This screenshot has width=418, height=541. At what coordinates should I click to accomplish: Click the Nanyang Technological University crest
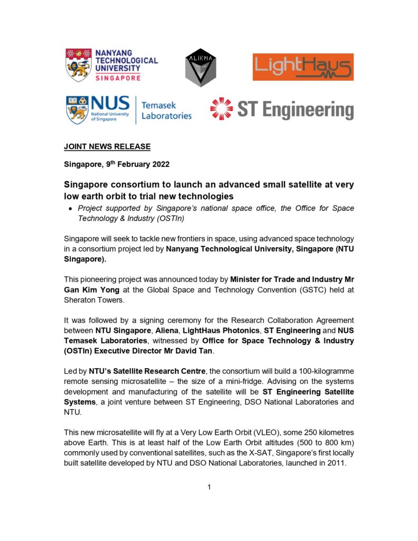pos(78,64)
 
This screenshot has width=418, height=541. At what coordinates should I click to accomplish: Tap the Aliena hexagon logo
pos(200,68)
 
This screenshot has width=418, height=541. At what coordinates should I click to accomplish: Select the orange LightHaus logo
pos(303,67)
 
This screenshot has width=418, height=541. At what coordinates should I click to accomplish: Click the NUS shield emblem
pos(77,109)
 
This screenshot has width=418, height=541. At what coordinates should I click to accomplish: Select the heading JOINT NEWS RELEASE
pos(107,146)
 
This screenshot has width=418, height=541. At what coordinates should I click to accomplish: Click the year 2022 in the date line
pos(157,164)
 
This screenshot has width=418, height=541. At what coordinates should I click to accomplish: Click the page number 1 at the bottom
pos(209,487)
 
